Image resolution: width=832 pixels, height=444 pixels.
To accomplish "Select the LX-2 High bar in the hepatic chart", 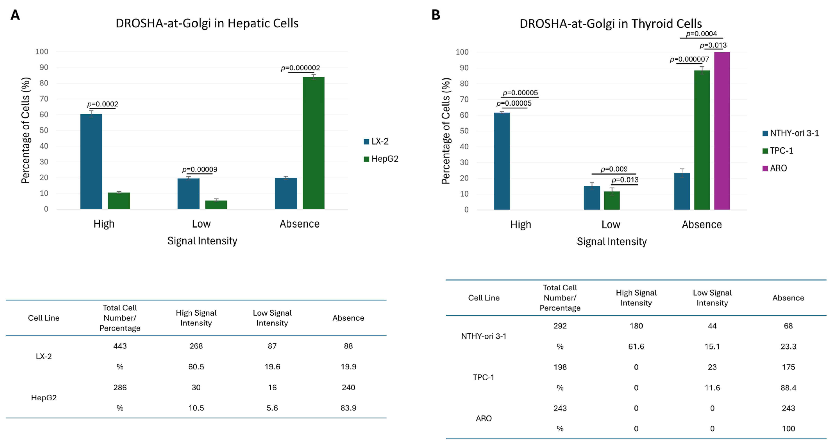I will [91, 161].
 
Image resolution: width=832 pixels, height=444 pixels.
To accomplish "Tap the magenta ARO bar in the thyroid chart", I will [722, 131].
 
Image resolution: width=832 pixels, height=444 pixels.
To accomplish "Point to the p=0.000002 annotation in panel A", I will [300, 68].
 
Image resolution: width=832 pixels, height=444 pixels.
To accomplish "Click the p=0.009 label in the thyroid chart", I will [614, 169].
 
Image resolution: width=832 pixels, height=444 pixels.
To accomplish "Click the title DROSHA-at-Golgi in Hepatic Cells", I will [207, 23].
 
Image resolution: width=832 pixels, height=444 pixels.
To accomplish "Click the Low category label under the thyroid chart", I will [610, 224].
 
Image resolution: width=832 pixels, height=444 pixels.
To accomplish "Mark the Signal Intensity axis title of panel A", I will [202, 241].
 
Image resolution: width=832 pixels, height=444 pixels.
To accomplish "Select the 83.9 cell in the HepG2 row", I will [348, 408].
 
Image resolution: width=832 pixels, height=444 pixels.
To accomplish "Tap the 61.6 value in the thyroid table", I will [636, 346].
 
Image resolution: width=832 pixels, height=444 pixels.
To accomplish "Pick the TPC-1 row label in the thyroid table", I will [483, 377].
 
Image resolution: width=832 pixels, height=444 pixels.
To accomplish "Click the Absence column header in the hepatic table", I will [348, 318].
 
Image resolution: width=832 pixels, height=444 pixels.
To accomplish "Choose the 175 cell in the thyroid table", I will [788, 367].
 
